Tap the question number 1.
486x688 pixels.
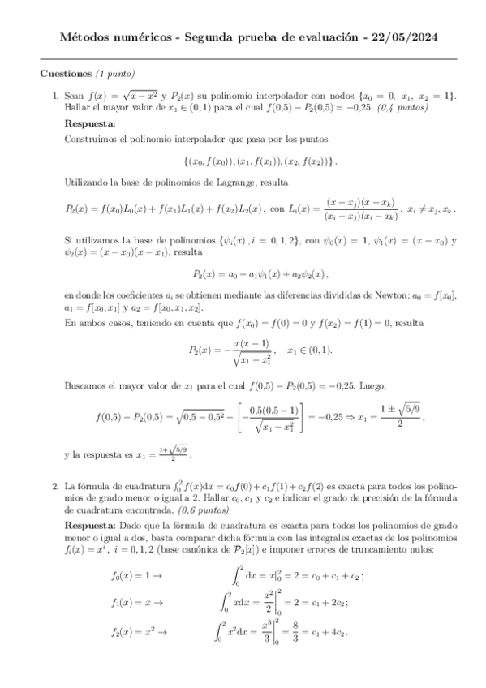[x=54, y=97]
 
